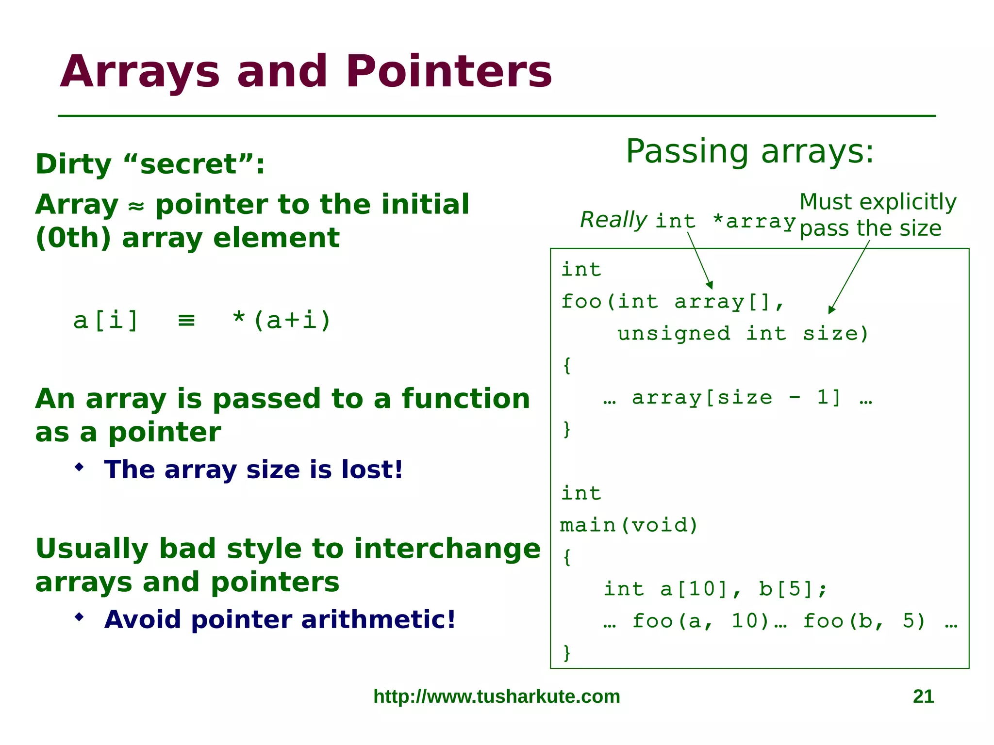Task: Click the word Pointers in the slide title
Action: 448,72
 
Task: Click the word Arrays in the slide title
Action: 140,72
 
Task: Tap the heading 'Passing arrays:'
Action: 749,151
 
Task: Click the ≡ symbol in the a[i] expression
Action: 186,321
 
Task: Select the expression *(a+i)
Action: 282,320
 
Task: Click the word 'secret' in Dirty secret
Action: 188,164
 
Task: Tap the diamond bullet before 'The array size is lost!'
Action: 80,467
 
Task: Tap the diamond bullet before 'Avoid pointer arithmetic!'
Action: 80,617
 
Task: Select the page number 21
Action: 923,696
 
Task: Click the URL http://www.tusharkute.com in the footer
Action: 497,696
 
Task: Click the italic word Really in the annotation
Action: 613,220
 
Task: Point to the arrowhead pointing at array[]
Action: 710,285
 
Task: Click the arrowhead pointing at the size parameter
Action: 831,310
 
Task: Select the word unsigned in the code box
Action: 673,334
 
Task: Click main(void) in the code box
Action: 629,525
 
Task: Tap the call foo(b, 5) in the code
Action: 864,621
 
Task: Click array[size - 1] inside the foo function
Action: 736,398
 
